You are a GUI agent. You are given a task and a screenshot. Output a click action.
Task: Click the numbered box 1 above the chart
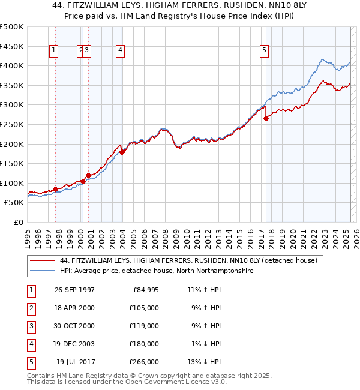tap(54, 51)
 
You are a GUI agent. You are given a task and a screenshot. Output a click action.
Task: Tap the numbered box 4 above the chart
tap(121, 51)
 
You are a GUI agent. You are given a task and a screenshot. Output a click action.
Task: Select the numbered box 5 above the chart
tap(264, 51)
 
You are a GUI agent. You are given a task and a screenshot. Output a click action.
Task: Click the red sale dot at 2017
tap(266, 118)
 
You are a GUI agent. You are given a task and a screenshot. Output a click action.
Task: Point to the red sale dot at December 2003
tap(122, 152)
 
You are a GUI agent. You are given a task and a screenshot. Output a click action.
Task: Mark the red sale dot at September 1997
tap(56, 189)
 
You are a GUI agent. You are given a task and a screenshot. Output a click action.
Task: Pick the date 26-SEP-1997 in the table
tap(74, 290)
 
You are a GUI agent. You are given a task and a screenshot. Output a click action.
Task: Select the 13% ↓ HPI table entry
tap(205, 362)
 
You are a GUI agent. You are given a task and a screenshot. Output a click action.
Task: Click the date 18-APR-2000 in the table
tap(74, 308)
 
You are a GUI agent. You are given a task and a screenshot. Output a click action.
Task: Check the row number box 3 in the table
tap(30, 326)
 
